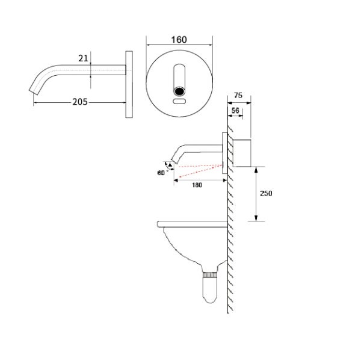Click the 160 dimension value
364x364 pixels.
pos(179,40)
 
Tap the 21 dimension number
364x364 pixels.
pos(83,58)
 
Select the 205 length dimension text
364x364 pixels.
pos(80,102)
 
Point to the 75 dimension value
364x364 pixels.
pos(238,95)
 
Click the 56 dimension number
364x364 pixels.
pos(235,110)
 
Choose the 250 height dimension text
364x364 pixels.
pos(266,193)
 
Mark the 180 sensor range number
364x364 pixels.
pos(197,185)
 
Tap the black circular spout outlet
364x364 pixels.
pos(179,91)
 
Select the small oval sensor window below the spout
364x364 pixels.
pos(179,101)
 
